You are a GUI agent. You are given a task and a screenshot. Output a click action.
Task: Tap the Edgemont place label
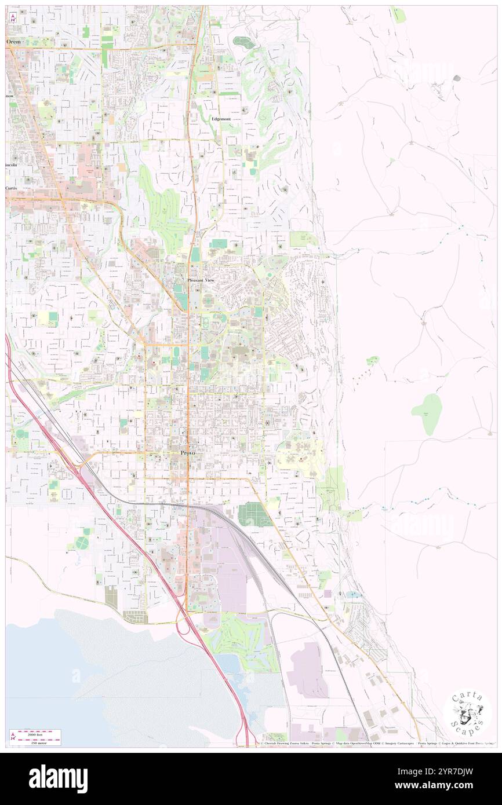click(220, 119)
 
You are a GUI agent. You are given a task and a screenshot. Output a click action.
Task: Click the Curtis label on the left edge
click(12, 188)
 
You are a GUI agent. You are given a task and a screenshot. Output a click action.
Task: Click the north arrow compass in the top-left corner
click(13, 17)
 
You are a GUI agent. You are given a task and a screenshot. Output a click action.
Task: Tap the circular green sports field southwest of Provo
click(82, 543)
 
